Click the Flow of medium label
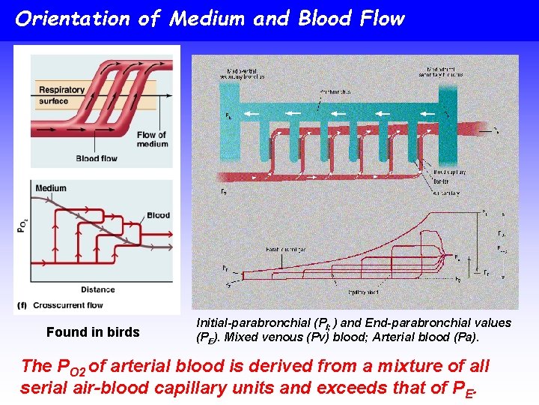(152, 139)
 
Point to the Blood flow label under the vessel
(97, 158)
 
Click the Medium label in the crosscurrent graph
(51, 188)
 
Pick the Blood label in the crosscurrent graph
(158, 215)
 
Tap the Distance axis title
(98, 289)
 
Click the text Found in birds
(93, 332)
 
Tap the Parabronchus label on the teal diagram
(336, 91)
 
